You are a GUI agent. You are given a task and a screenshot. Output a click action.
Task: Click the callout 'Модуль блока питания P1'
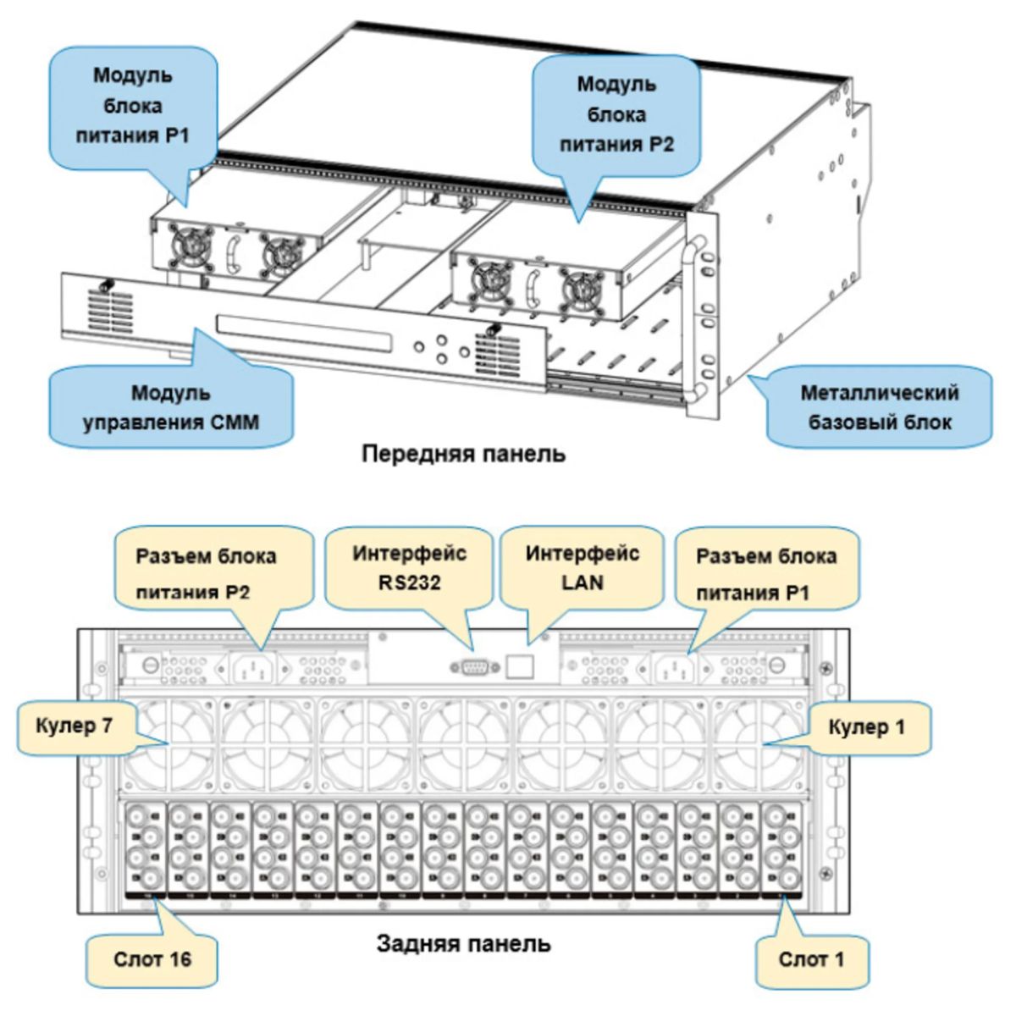click(x=133, y=106)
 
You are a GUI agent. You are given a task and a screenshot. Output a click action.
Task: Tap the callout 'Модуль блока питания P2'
click(x=616, y=114)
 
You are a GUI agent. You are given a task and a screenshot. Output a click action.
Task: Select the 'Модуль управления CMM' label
click(x=170, y=407)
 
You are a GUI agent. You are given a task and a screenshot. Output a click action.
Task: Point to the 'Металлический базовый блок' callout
click(x=879, y=407)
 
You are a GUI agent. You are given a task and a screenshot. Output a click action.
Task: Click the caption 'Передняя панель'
click(x=463, y=454)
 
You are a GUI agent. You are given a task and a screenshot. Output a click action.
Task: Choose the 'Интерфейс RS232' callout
click(x=410, y=568)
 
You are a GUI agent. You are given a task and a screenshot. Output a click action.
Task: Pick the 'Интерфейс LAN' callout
click(x=583, y=568)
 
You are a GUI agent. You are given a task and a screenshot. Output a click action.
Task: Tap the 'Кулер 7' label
click(x=74, y=726)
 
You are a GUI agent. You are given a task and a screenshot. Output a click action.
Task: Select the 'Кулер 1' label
click(x=866, y=726)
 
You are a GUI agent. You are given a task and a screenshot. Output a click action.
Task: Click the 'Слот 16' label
click(x=152, y=959)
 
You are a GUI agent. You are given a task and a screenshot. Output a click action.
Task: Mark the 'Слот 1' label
click(x=811, y=959)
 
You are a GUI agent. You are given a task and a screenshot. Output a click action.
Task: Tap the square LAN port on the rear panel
click(x=518, y=666)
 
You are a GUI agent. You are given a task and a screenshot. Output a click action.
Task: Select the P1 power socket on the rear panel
click(x=672, y=669)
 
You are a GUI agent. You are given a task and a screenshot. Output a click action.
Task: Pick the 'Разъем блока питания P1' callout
click(x=765, y=574)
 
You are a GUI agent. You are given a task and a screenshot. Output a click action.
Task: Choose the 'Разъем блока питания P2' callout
click(x=206, y=574)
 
